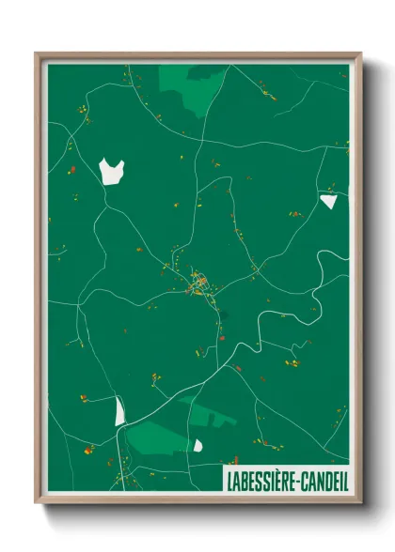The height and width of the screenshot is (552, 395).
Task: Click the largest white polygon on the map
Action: tap(111, 171)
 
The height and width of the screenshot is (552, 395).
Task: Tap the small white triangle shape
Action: tap(328, 200)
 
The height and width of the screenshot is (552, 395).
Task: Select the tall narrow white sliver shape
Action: tap(119, 411)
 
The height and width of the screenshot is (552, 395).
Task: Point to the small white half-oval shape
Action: tap(197, 444)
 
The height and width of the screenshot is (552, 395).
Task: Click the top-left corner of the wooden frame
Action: tap(36, 53)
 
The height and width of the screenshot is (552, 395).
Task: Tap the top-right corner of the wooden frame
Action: tap(361, 53)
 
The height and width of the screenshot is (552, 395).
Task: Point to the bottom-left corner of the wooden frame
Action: tap(36, 504)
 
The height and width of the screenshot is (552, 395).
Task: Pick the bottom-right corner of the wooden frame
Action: tap(361, 504)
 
